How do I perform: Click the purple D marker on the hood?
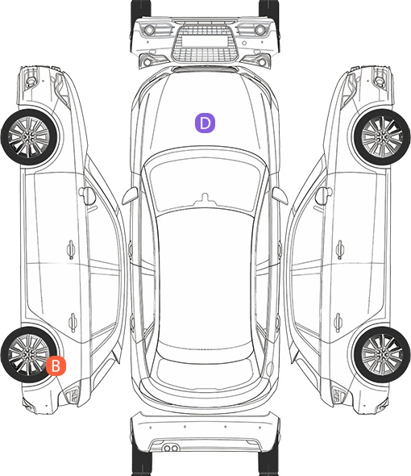point(205,123)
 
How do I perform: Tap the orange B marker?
point(56,365)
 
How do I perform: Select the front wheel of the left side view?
point(30,137)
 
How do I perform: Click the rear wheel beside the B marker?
point(29,354)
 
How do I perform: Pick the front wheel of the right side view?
point(382,137)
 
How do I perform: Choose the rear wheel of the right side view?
point(382,354)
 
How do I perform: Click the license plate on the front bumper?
point(205,41)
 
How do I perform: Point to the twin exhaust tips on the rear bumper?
point(171,448)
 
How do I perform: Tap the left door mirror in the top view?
point(130,196)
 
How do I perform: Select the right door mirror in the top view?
point(280,196)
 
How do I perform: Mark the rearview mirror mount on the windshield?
point(205,198)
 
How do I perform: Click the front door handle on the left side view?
point(71,250)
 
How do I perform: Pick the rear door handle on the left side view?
point(73,322)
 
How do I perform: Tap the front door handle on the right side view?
point(340,250)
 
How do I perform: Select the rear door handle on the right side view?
point(338,322)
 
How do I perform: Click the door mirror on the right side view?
point(323,196)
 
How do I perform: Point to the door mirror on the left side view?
point(87,196)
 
